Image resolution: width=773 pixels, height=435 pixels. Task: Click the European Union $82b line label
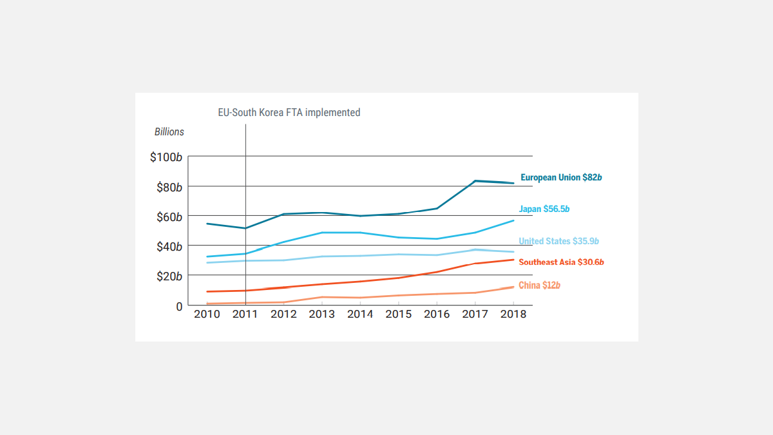[x=561, y=177]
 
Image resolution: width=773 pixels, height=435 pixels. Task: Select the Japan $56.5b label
[x=544, y=209]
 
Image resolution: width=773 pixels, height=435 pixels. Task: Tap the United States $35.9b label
[x=558, y=241]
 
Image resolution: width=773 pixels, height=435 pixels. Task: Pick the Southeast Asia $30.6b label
[x=561, y=262]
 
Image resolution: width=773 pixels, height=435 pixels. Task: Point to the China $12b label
[x=539, y=285]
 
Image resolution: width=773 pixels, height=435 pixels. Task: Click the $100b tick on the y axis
[x=166, y=157]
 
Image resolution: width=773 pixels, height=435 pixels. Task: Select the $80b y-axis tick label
[x=169, y=187]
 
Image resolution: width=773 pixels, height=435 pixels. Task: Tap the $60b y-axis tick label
[x=169, y=217]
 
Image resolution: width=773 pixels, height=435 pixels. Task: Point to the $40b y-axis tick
[x=169, y=246]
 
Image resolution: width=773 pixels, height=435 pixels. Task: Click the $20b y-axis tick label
[x=169, y=276]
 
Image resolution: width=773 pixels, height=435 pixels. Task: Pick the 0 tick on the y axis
[x=180, y=306]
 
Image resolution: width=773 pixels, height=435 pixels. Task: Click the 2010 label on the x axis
[x=207, y=314]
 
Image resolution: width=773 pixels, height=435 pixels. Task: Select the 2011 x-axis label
[x=245, y=314]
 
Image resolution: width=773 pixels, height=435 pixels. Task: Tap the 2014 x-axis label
[x=360, y=314]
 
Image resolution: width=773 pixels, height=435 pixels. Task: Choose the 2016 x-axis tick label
[x=437, y=314]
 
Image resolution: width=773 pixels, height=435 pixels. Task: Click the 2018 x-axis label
[x=513, y=314]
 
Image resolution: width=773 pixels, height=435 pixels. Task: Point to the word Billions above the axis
[x=169, y=131]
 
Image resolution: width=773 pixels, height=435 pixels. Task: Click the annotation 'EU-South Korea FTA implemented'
[x=289, y=112]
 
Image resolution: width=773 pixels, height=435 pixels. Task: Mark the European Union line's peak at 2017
[x=475, y=181]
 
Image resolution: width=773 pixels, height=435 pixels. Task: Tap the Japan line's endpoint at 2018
[x=513, y=220]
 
